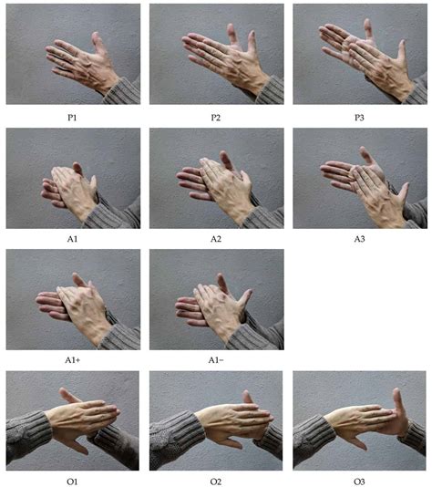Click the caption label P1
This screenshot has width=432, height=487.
point(73,116)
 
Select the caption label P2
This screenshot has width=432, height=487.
point(216,116)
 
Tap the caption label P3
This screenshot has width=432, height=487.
point(359,116)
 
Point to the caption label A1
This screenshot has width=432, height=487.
point(73,238)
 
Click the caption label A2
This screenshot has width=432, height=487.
point(216,238)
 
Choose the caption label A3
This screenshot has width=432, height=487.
point(359,238)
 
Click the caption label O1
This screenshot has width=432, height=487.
point(73,480)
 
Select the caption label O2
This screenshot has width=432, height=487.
point(216,480)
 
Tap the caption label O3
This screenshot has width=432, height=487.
point(359,480)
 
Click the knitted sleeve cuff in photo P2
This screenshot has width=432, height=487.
point(269,91)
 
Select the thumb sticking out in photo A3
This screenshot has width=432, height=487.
point(401,193)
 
